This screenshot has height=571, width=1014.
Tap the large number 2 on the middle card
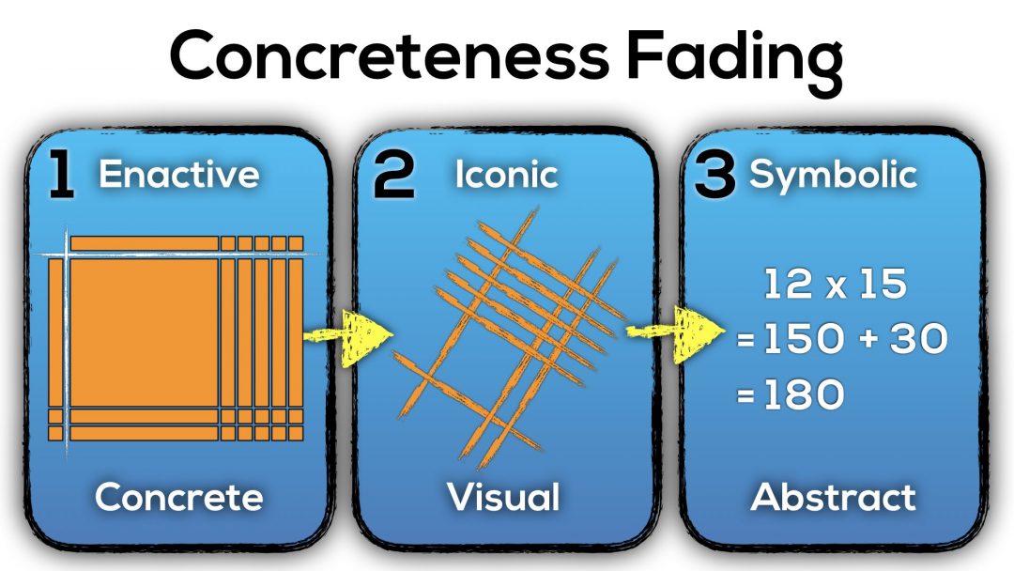(x=393, y=177)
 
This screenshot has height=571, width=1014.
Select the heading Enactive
(x=178, y=175)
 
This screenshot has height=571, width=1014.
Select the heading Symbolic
(x=833, y=175)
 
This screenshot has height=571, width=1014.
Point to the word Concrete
(x=178, y=497)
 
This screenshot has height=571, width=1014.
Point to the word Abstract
(x=833, y=497)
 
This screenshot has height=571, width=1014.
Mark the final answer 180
(x=802, y=397)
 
